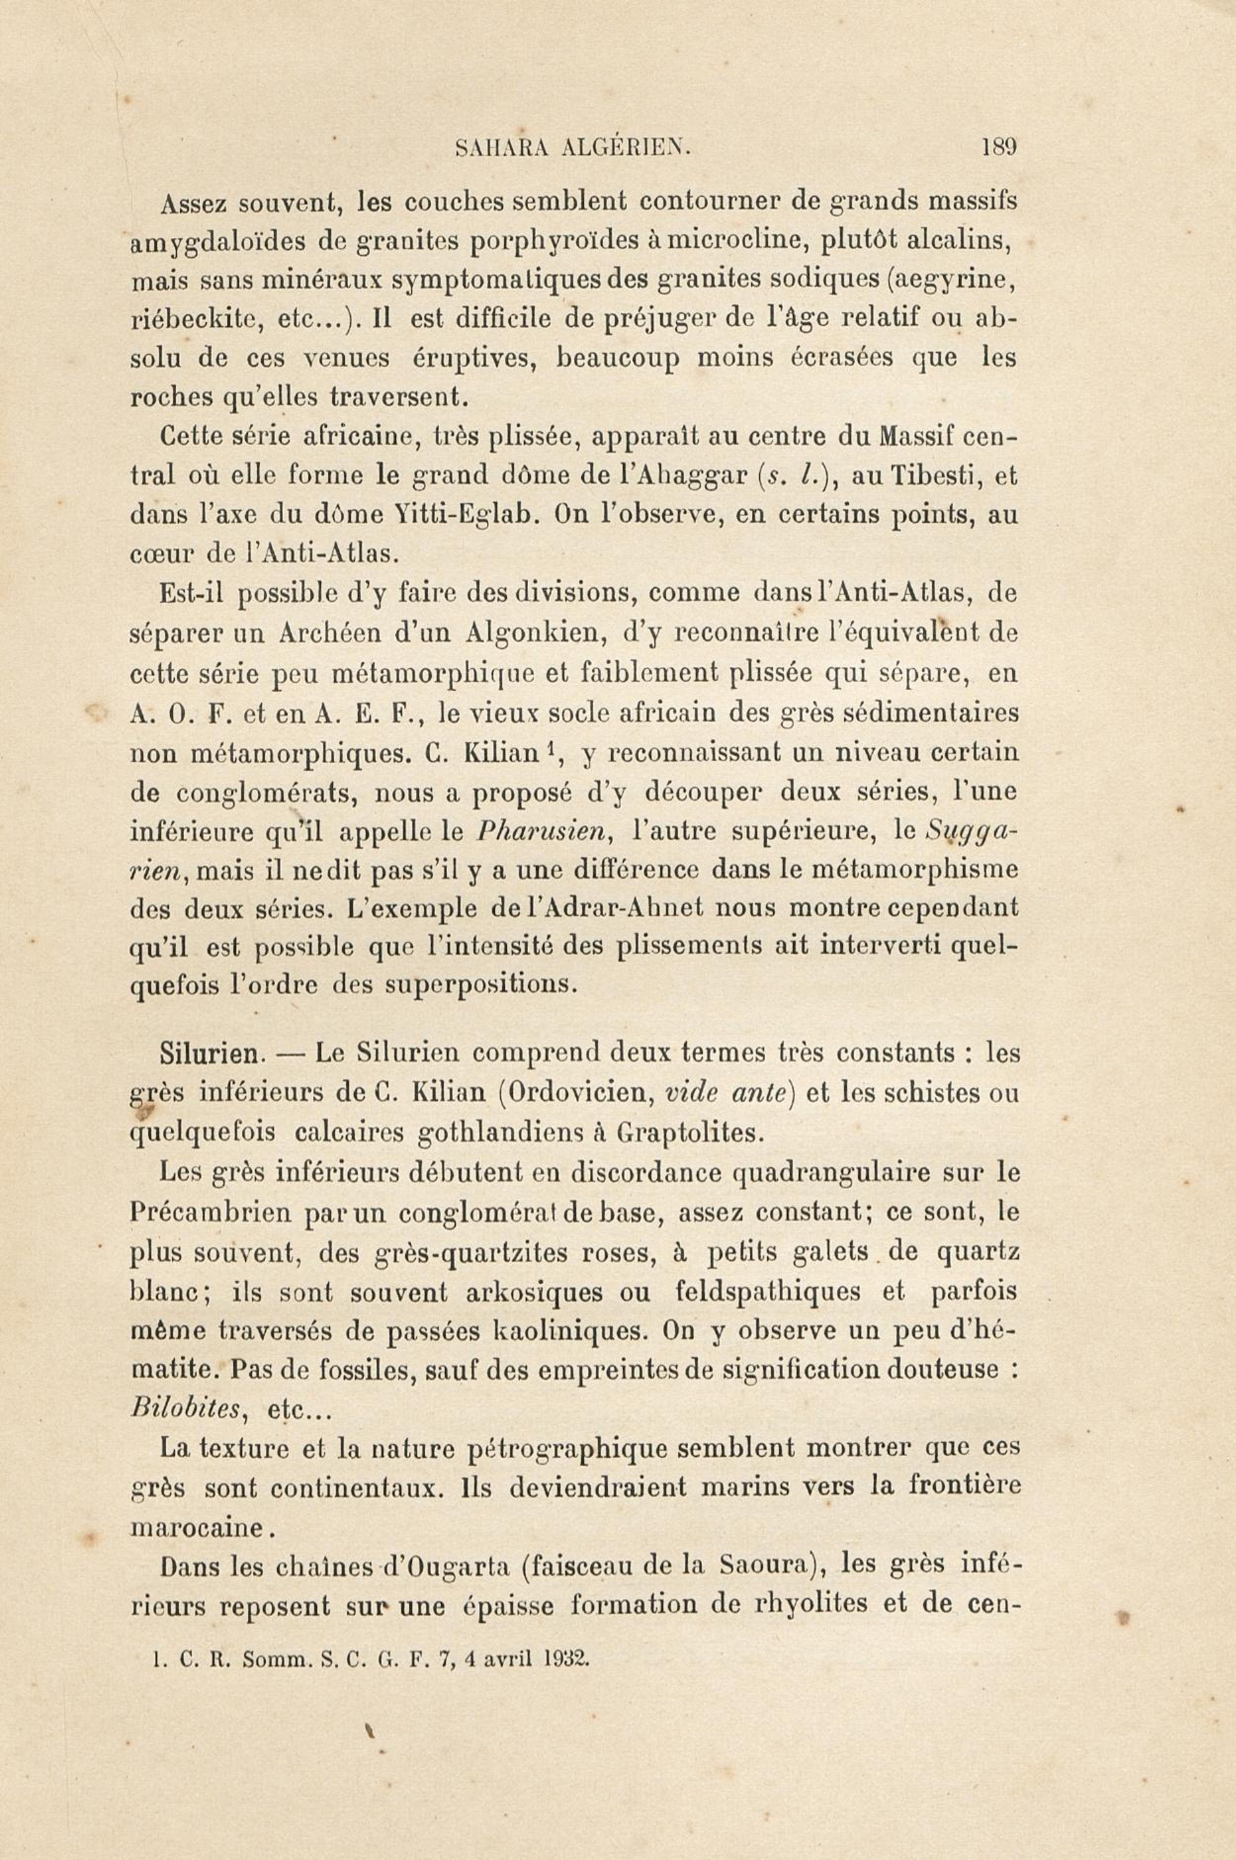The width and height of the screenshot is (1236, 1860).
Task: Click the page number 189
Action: [999, 147]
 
